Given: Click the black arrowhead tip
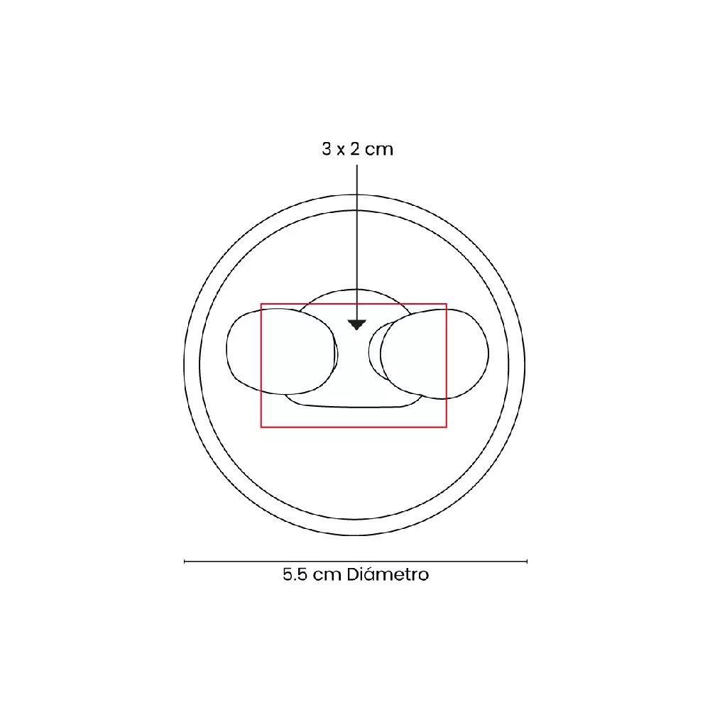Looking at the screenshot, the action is click(357, 329).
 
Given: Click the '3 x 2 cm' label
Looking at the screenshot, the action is click(357, 149).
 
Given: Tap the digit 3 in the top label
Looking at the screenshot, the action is click(327, 149).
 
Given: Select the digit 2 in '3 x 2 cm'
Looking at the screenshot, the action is click(354, 149).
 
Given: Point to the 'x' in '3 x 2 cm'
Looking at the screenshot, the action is click(341, 151).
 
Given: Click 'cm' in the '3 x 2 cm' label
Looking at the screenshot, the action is click(379, 150).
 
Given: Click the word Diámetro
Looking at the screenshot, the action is click(388, 574).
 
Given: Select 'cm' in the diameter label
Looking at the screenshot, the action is click(327, 576).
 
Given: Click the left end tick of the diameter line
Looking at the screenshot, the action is click(185, 562).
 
